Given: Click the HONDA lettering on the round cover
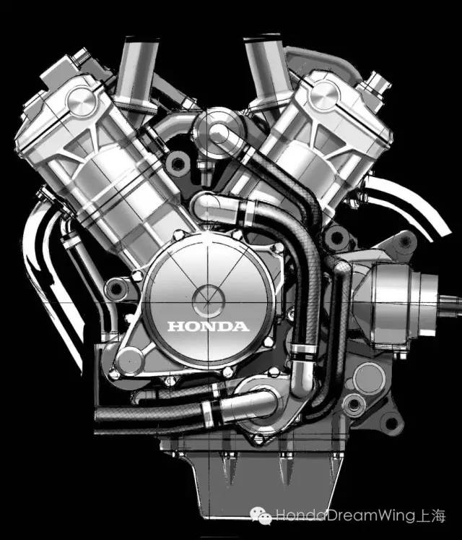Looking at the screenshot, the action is [208, 326].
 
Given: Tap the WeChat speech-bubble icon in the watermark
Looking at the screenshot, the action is [261, 515].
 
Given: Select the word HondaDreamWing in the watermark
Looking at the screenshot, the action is [346, 515].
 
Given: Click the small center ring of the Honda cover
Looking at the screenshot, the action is [208, 301].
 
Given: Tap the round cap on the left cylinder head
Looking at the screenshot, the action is [82, 101].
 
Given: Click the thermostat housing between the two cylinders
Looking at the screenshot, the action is [219, 132].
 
